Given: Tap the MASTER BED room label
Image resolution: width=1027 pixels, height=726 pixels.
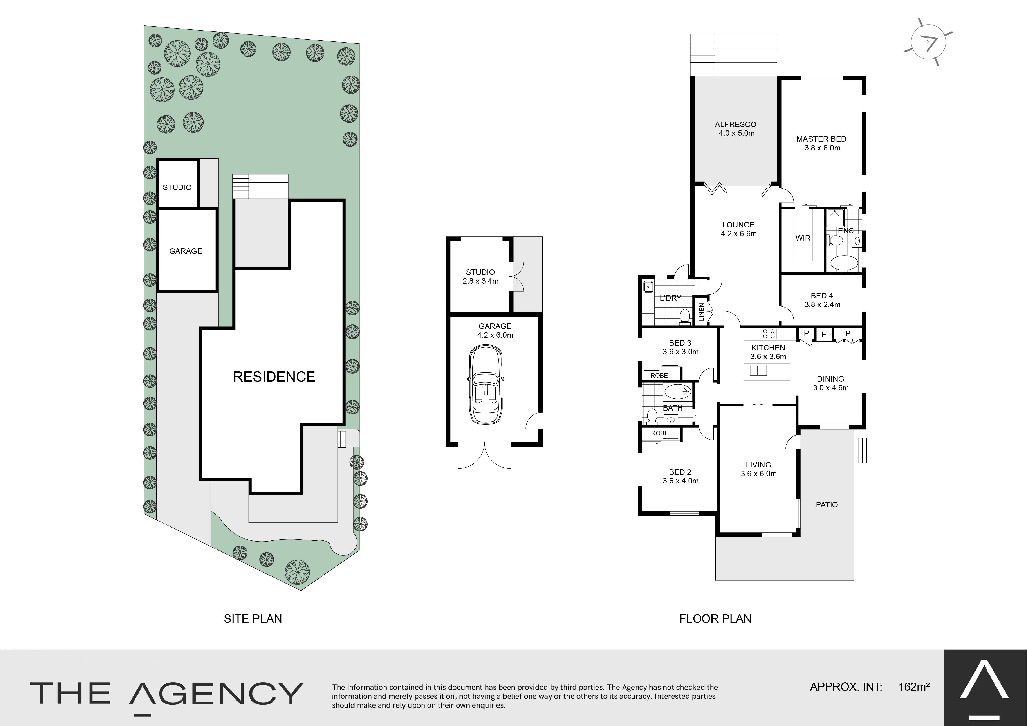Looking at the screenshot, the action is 821,139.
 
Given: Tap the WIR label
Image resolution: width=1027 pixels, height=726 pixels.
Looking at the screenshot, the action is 803,238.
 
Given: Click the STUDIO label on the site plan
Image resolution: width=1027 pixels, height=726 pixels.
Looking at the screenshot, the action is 177,187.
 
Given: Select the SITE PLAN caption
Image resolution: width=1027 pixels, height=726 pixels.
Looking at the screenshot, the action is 253,619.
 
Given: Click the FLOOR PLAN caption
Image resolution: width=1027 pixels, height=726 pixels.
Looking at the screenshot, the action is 715,619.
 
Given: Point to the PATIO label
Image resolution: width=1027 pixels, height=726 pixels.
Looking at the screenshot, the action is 827,504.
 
